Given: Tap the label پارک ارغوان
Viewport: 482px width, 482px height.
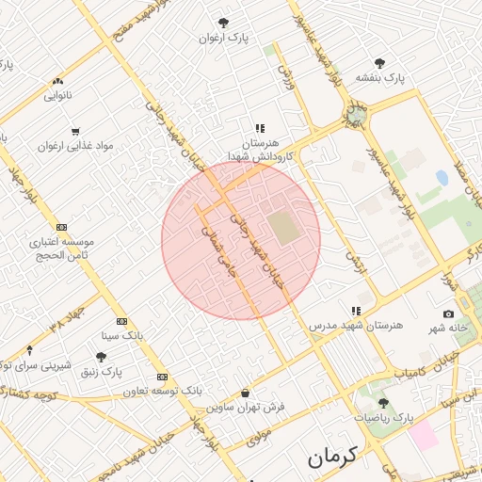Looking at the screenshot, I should [x=222, y=39].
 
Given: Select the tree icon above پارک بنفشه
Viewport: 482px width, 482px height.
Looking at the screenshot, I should [x=379, y=63].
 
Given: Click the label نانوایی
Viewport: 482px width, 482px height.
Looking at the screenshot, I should [x=57, y=95].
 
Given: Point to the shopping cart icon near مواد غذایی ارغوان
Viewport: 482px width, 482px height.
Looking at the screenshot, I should [x=75, y=131].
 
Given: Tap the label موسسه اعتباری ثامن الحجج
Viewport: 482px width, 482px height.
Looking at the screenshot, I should [x=61, y=249].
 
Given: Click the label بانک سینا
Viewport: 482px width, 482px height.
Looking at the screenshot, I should [x=120, y=334].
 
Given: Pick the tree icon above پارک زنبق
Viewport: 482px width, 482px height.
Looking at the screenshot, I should [x=101, y=357].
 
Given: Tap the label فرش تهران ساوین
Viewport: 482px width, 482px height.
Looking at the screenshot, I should [x=245, y=408].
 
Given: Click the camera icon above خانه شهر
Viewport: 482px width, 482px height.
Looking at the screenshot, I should [x=448, y=313].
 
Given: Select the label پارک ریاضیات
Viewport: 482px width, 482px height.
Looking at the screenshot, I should [x=383, y=415].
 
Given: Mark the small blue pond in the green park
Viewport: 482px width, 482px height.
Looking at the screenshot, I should [x=442, y=177].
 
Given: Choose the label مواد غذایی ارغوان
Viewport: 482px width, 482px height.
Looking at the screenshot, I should [x=75, y=146].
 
